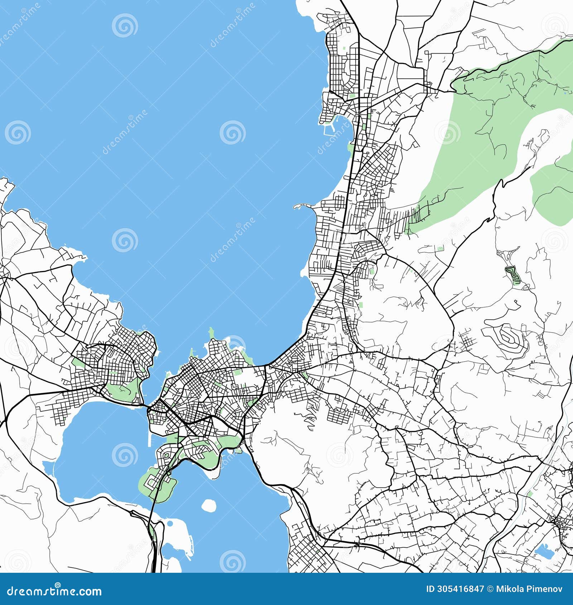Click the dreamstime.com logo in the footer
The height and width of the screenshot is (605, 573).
coord(54,591)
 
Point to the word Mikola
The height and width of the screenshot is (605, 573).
coord(509,589)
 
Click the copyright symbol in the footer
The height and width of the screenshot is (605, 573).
coord(490,589)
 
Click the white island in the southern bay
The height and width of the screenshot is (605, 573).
coord(208,505)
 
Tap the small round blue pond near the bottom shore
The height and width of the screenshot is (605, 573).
coord(170,524)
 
